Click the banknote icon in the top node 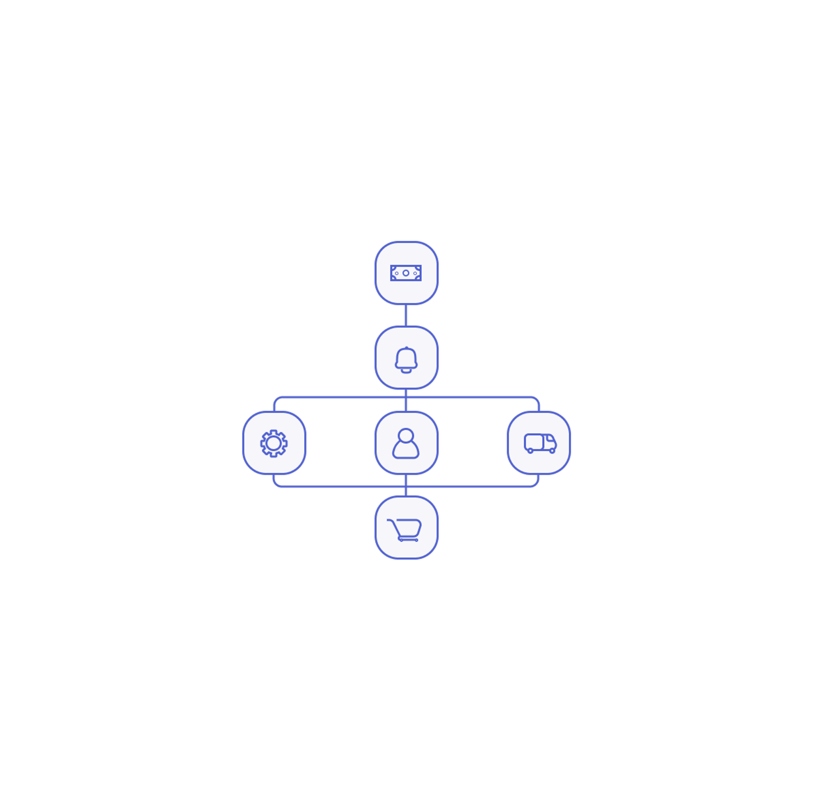pyautogui.click(x=406, y=273)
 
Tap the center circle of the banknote pyautogui.click(x=406, y=273)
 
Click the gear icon pyautogui.click(x=274, y=443)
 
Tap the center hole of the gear pyautogui.click(x=274, y=443)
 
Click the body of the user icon pyautogui.click(x=406, y=451)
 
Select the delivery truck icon pyautogui.click(x=540, y=443)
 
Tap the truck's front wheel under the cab pyautogui.click(x=552, y=451)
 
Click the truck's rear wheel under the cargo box pyautogui.click(x=530, y=451)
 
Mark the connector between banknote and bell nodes pyautogui.click(x=406, y=315)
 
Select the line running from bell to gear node pyautogui.click(x=336, y=397)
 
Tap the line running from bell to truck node pyautogui.click(x=475, y=397)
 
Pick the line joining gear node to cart pyautogui.click(x=336, y=487)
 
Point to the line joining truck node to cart pyautogui.click(x=475, y=487)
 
